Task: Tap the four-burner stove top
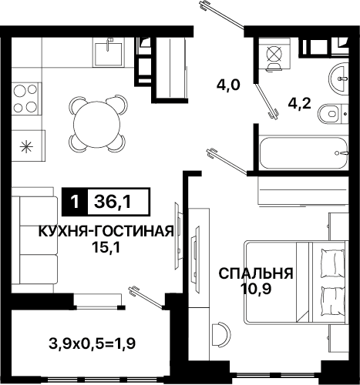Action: tap(25, 99)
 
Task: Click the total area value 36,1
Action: tap(113, 202)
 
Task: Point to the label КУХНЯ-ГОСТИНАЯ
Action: tap(106, 232)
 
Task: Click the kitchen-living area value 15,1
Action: tap(106, 247)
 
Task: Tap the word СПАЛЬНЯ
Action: tap(256, 273)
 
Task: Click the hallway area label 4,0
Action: tap(228, 85)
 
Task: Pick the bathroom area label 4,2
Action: tap(300, 105)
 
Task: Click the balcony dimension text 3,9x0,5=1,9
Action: tap(92, 343)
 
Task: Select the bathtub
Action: tap(304, 153)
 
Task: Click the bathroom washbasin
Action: tap(338, 79)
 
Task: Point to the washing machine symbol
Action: tap(274, 55)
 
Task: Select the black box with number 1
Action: tap(75, 202)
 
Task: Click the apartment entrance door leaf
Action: tap(223, 15)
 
